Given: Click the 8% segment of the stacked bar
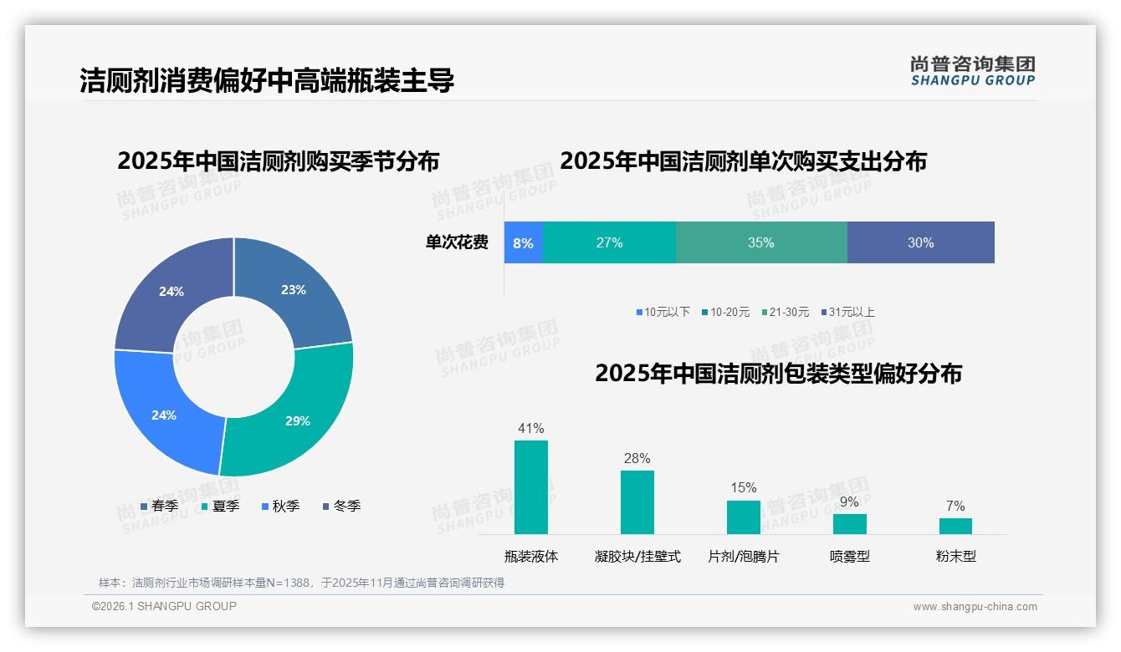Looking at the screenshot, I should coord(524,242).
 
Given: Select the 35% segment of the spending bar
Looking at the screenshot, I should coord(761,242).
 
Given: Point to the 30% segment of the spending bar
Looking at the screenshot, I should coord(920,242).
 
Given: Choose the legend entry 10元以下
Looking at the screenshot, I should coord(663,312).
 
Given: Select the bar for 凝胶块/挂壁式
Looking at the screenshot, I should coord(637,502).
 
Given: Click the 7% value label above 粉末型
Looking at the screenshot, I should coord(955,506).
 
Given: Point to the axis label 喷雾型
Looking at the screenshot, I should coord(850,556).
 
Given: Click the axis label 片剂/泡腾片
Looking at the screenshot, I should coord(744,556).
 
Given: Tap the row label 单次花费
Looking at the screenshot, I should coord(457,242).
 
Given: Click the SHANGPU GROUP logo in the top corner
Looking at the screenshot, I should coord(973,70).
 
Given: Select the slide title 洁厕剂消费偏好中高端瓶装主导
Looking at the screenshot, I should coord(267,80).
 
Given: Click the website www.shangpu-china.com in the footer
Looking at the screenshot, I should coord(975,606).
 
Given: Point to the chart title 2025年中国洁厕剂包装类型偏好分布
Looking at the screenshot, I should coord(778,373).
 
